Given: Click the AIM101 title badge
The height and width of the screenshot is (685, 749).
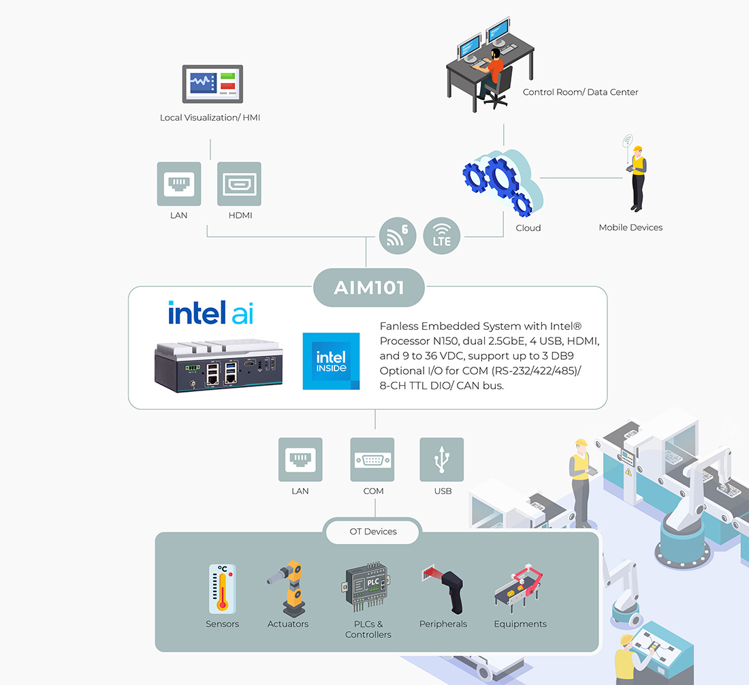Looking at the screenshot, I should (x=368, y=287).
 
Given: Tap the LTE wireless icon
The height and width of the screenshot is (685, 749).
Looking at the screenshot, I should (x=442, y=236).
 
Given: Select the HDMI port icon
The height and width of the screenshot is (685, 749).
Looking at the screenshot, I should (x=239, y=184).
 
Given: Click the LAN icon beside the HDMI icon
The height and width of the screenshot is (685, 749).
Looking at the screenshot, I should (x=179, y=184).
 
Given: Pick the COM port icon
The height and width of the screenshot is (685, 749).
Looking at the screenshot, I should (x=372, y=459).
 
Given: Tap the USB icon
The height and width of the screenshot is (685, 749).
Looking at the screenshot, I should (x=442, y=459).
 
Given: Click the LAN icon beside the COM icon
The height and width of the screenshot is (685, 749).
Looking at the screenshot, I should (x=300, y=459).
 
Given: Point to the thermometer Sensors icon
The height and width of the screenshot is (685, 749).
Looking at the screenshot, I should (x=222, y=588).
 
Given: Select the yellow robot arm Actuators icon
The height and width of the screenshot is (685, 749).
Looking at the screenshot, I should (x=287, y=587).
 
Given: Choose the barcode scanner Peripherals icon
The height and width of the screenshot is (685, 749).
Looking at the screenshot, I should (x=445, y=588).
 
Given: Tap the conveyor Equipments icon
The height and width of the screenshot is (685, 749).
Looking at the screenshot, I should (x=520, y=588).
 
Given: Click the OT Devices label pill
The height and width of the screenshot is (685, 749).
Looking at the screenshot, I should (x=373, y=532).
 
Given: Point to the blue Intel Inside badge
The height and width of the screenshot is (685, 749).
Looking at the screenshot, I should (x=331, y=361).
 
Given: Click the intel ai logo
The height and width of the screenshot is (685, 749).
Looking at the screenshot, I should (x=210, y=313).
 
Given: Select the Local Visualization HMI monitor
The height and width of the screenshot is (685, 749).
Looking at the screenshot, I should (x=212, y=85).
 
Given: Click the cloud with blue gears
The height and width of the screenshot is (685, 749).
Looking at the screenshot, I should (x=503, y=183).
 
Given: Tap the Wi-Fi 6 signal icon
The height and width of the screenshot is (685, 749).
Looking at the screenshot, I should (x=397, y=236).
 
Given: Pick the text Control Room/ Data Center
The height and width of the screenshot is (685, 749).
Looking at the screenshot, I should (x=580, y=92).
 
